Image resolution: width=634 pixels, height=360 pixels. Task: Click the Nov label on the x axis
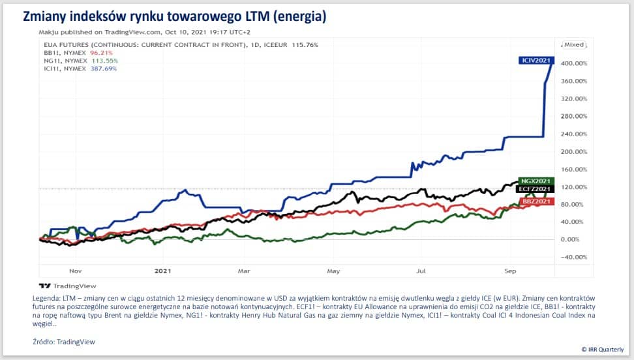pos(74,270)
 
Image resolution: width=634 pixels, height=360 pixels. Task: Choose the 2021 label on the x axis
pos(162,270)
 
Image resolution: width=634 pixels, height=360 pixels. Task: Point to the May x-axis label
pos(333,270)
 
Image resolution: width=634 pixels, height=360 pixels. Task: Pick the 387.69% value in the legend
pos(85,68)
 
